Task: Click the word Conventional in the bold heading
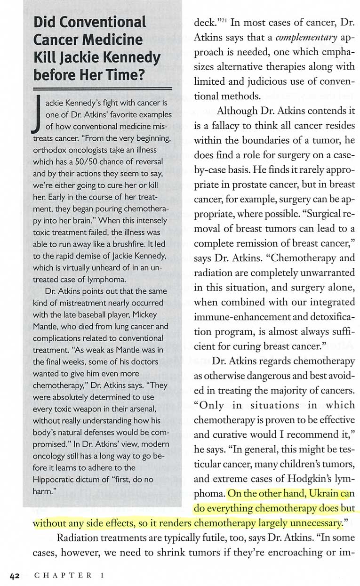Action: (90, 22)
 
